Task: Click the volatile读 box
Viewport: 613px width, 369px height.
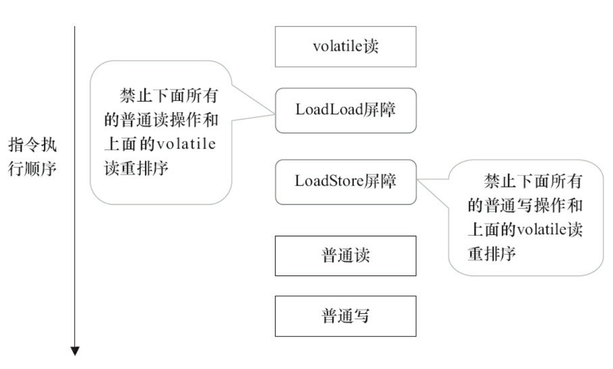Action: pyautogui.click(x=345, y=46)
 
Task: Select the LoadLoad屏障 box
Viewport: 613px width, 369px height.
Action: pyautogui.click(x=345, y=111)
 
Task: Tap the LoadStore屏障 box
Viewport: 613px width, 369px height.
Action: pyautogui.click(x=345, y=181)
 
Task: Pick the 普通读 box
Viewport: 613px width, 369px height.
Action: pyautogui.click(x=345, y=255)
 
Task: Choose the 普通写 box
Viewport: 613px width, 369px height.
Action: pyautogui.click(x=345, y=316)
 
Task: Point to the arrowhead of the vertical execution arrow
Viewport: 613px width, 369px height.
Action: pyautogui.click(x=75, y=350)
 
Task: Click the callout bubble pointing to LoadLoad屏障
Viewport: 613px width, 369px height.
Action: pyautogui.click(x=161, y=132)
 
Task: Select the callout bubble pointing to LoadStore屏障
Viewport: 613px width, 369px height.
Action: pyautogui.click(x=525, y=218)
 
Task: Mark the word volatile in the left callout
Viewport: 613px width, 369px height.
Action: pyautogui.click(x=186, y=144)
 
